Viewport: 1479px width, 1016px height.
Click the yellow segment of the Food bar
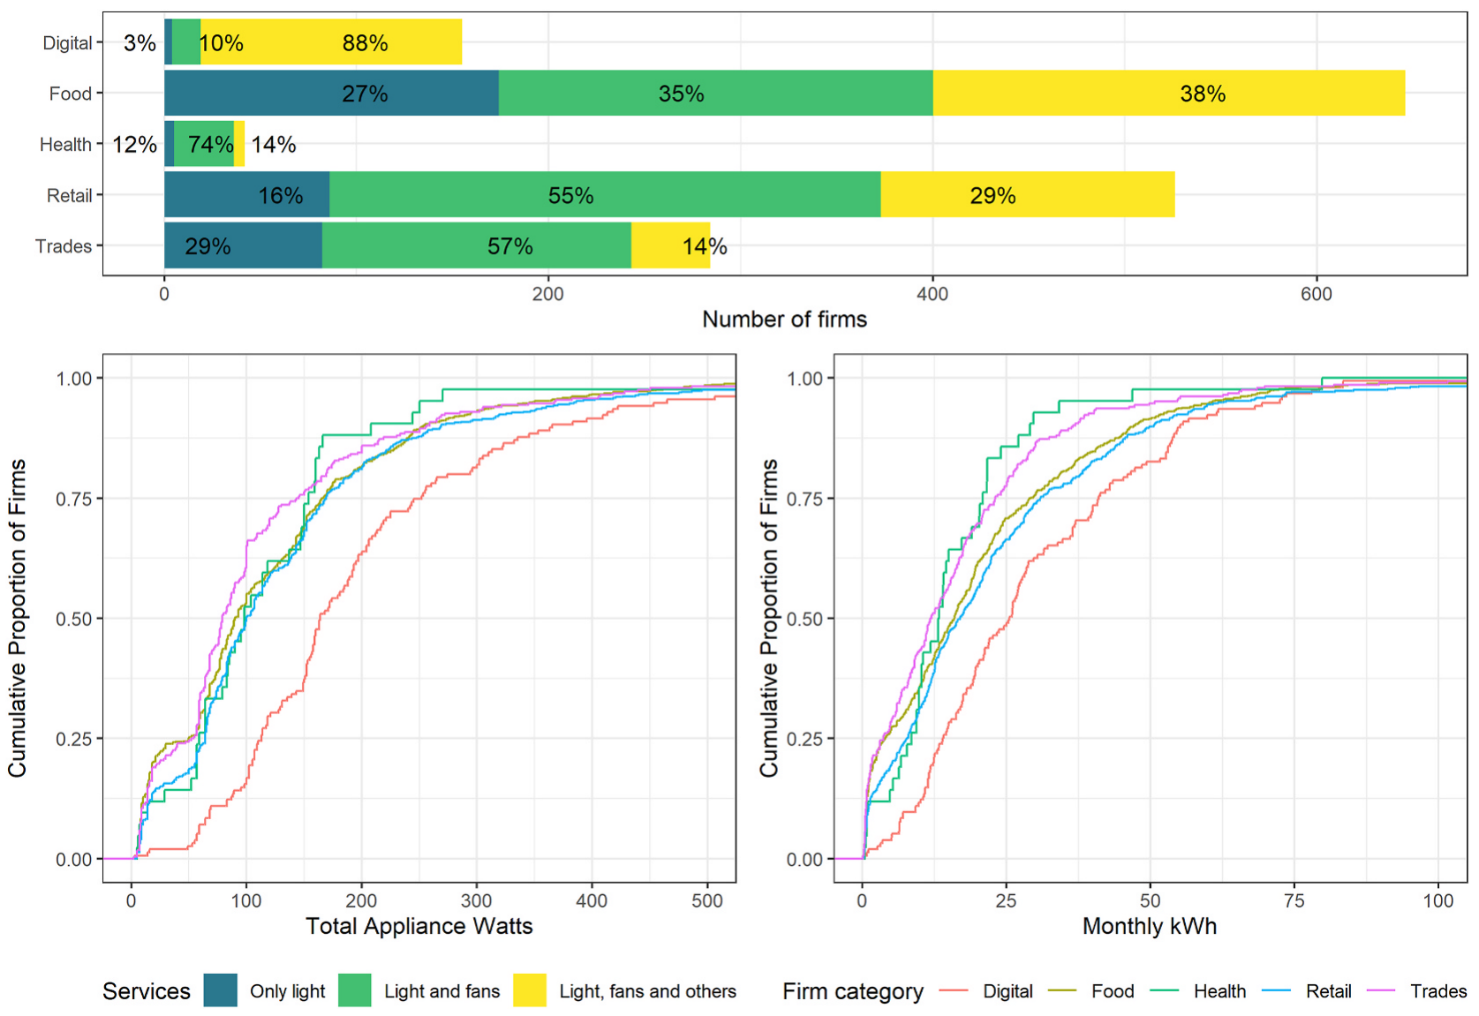pos(1169,93)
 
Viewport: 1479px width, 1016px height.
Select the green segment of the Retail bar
pos(605,195)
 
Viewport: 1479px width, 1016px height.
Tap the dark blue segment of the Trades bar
pos(243,245)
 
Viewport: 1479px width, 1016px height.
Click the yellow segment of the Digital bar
pos(331,42)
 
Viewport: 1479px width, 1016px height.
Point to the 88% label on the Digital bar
pos(366,43)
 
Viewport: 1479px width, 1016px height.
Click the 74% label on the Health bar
pos(211,145)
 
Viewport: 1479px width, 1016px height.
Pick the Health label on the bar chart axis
pos(65,145)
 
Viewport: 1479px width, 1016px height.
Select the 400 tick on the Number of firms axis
pos(932,295)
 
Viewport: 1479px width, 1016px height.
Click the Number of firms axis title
pos(784,320)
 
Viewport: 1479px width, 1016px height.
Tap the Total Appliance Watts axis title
pos(419,926)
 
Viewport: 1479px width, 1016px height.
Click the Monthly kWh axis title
pos(1150,926)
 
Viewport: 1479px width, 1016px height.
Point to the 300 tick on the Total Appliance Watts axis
pos(477,901)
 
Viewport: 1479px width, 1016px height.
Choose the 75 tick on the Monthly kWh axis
pos(1294,901)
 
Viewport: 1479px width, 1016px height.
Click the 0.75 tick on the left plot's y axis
pos(74,499)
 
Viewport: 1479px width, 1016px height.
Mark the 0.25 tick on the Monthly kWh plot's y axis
pos(805,739)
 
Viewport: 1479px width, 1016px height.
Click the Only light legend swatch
pos(221,990)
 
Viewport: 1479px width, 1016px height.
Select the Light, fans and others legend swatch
pos(530,990)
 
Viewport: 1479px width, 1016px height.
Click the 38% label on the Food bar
pos(1203,94)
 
